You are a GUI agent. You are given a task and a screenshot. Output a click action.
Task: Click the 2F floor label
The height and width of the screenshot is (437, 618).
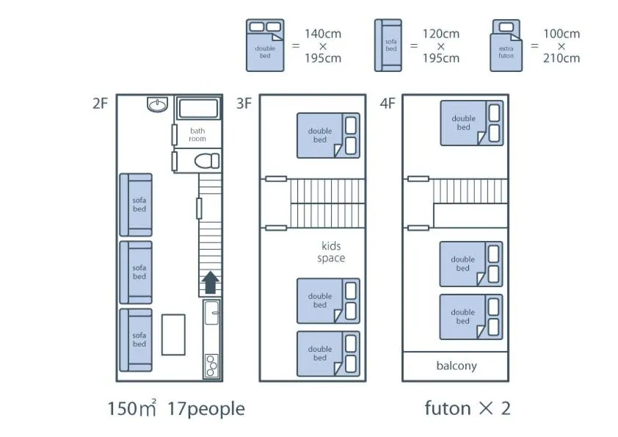[x=100, y=104]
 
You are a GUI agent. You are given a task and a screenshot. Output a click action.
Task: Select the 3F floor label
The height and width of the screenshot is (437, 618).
[x=244, y=104]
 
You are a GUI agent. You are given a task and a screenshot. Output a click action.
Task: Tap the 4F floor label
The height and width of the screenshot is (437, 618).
[x=387, y=104]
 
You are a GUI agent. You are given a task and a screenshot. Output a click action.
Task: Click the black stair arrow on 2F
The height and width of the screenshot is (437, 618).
[x=210, y=282]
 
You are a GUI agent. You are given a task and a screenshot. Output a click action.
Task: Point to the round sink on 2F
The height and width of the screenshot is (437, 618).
[x=157, y=104]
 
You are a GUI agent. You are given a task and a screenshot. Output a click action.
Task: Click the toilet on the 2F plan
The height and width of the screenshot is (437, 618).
[x=207, y=161]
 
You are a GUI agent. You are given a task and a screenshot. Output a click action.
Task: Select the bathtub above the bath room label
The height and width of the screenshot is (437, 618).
[x=198, y=109]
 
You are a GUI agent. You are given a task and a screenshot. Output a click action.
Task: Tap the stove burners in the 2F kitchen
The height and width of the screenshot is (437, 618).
[x=211, y=366]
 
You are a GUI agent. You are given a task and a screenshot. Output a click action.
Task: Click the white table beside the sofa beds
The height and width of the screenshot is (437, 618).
[x=173, y=334]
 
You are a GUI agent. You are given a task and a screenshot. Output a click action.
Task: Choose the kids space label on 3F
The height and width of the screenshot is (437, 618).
[x=331, y=252]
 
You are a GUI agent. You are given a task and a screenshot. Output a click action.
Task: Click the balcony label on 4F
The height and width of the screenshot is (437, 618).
[x=457, y=366]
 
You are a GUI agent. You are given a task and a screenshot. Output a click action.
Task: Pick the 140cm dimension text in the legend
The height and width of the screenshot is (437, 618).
[x=323, y=34]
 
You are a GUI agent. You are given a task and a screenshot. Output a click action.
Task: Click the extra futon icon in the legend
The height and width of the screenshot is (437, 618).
[x=506, y=46]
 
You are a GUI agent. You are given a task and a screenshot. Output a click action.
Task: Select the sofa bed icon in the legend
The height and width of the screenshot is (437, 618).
[x=388, y=46]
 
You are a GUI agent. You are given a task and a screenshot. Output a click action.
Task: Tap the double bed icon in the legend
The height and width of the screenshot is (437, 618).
[x=265, y=46]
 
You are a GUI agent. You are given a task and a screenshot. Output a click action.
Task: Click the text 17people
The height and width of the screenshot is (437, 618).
[x=206, y=409]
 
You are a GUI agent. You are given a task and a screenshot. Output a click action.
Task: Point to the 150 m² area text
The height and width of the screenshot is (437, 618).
[x=132, y=408]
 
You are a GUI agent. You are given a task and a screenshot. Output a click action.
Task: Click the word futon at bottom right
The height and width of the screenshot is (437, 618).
[x=448, y=408]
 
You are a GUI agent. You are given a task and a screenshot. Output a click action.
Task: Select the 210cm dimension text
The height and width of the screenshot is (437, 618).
[x=561, y=58]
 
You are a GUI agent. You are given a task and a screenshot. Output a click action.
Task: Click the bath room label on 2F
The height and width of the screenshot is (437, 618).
[x=197, y=134]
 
